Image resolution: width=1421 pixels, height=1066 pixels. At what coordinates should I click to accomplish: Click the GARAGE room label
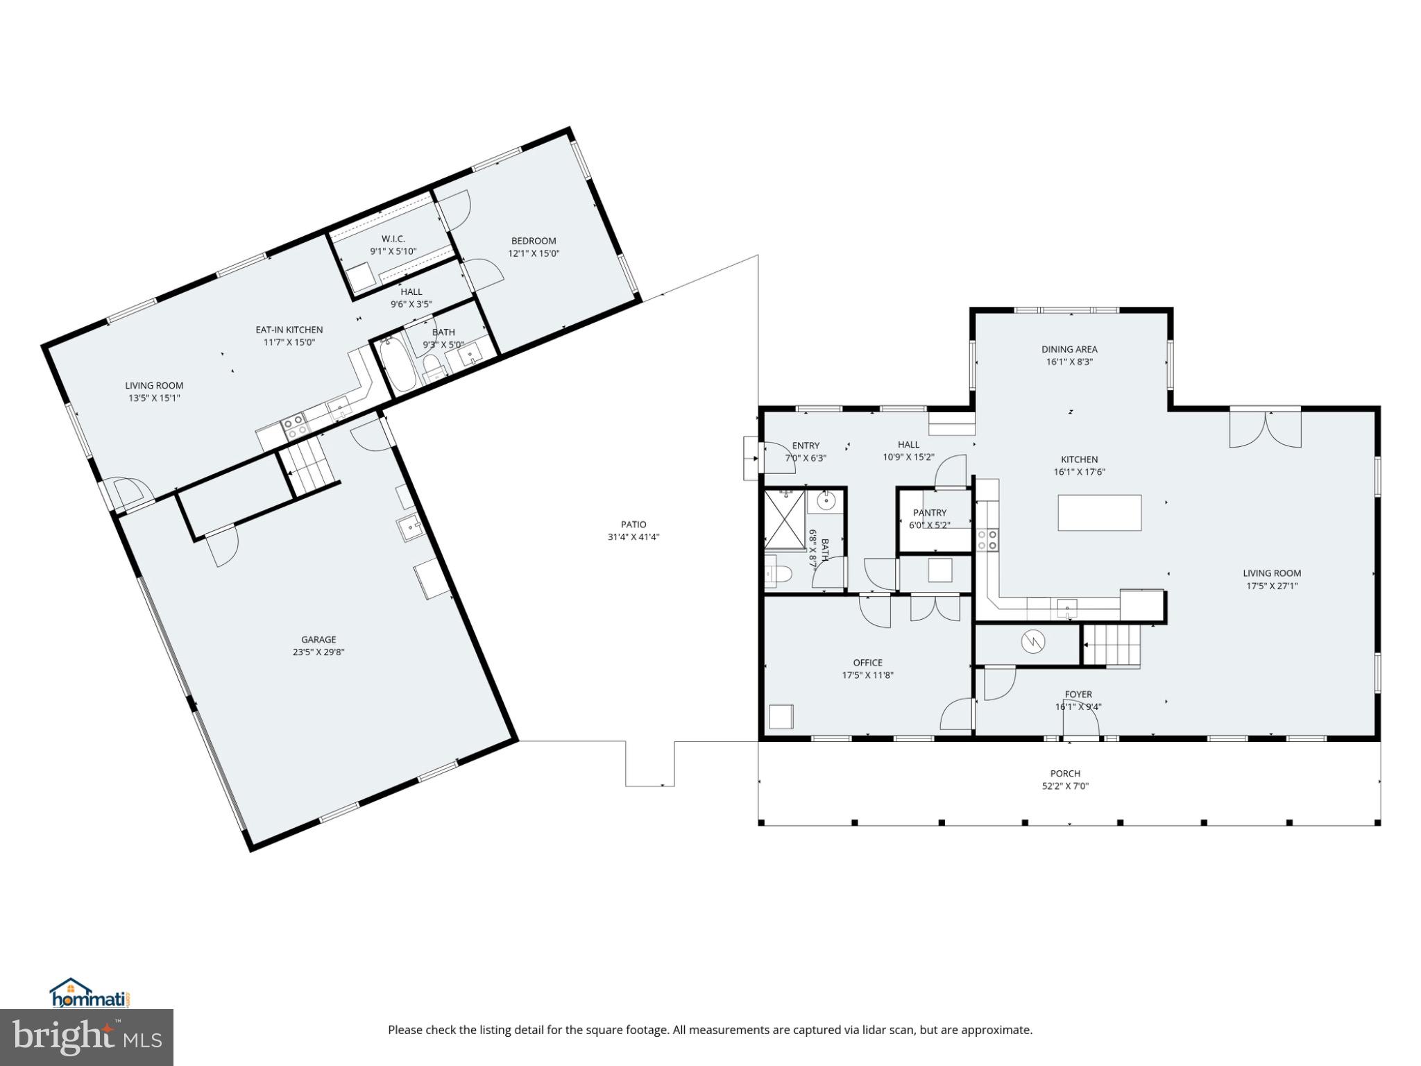[x=318, y=639]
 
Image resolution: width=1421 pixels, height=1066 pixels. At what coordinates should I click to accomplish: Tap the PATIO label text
[x=633, y=525]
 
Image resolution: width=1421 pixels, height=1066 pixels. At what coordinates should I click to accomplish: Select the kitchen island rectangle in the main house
[x=1099, y=512]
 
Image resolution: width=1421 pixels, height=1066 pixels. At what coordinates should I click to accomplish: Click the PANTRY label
[x=929, y=513]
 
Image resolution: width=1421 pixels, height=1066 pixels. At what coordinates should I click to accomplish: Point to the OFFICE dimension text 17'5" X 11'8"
[x=867, y=675]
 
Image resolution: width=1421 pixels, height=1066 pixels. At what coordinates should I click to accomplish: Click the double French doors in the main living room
[x=1265, y=429]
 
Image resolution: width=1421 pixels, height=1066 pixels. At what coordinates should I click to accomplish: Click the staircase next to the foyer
[x=1112, y=645]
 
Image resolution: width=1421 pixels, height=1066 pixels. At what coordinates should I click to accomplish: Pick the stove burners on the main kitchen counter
[x=988, y=539]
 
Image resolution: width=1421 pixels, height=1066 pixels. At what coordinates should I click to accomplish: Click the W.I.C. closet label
[x=393, y=239]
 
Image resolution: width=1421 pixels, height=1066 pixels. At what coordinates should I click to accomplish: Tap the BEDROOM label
[x=533, y=241]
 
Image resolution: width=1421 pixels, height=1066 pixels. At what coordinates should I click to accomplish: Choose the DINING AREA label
[x=1069, y=349]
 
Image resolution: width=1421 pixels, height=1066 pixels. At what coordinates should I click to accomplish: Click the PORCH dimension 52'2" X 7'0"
[x=1065, y=786]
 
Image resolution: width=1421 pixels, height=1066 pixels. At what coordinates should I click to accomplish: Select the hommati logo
[x=90, y=994]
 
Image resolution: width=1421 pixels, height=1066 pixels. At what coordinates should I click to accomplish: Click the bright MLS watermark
[x=86, y=1037]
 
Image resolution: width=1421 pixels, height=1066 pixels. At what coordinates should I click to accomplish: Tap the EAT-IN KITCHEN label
[x=289, y=330]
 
